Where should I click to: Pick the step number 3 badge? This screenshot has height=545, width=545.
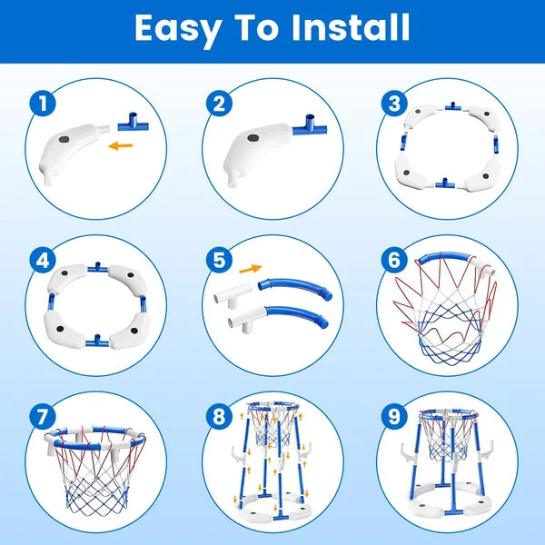(x=392, y=103)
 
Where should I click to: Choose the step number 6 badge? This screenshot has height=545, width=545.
(x=392, y=260)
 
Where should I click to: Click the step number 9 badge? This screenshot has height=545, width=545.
(x=392, y=417)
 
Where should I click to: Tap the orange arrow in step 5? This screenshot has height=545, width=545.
(x=250, y=268)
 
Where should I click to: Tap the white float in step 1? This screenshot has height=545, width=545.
(x=77, y=150)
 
